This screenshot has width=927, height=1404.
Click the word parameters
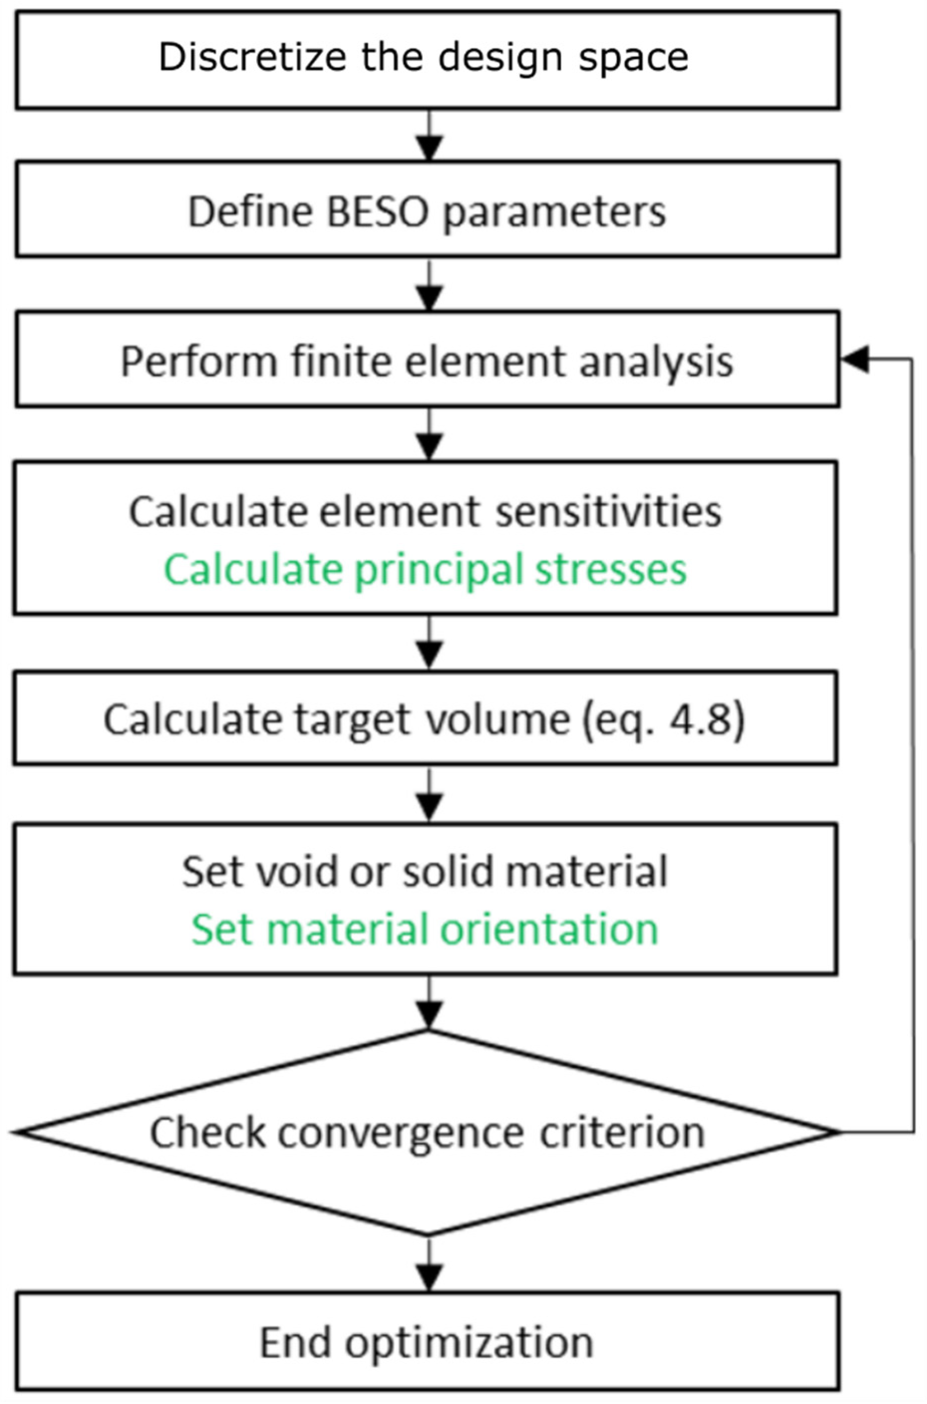(x=554, y=213)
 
